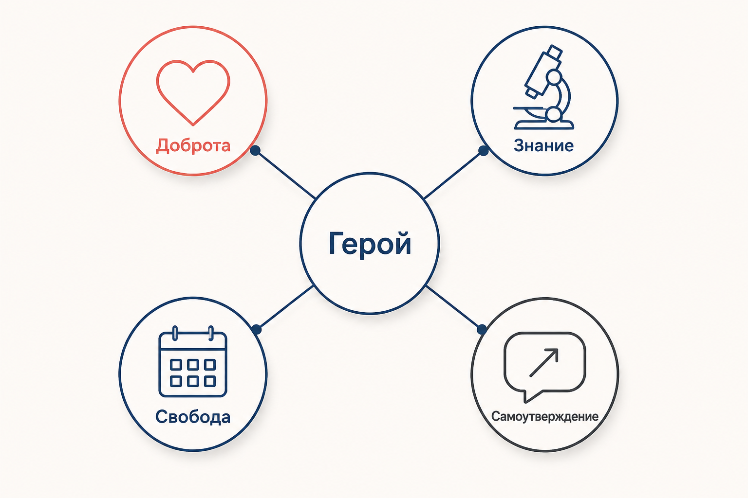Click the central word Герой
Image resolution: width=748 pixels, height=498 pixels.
[370, 244]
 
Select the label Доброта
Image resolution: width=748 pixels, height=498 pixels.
[193, 146]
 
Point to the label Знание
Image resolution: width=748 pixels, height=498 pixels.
[543, 146]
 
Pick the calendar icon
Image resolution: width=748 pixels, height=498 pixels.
[193, 361]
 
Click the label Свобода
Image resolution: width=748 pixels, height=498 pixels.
[193, 417]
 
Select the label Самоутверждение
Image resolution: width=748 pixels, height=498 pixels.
[544, 417]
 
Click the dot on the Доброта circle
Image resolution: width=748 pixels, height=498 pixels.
[255, 150]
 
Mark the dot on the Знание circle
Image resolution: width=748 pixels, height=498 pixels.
[483, 151]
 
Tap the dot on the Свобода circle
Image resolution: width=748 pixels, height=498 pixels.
[257, 330]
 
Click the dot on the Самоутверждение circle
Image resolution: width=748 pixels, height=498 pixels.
[482, 330]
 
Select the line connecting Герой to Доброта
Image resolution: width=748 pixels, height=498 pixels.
[285, 175]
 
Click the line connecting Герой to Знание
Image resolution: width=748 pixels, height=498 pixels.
[453, 175]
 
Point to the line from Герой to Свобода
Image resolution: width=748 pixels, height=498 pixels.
[285, 307]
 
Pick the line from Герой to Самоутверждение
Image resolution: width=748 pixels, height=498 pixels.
[454, 307]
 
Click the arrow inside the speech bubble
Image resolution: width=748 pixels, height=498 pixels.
[544, 363]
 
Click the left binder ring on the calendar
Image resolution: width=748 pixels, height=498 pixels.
[175, 333]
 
